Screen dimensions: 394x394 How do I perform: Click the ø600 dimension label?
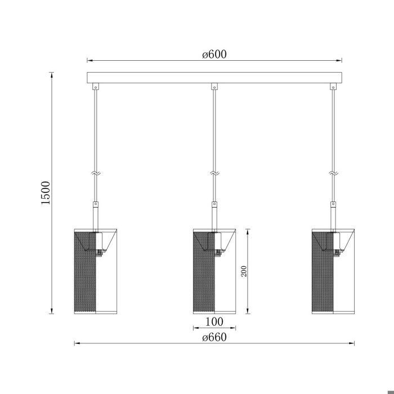[x=214, y=54]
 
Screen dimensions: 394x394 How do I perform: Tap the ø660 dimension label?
[x=214, y=337]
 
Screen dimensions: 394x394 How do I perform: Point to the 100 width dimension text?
[x=214, y=322]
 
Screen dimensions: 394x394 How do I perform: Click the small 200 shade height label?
[x=244, y=271]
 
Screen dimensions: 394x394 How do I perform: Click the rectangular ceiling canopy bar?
[x=214, y=78]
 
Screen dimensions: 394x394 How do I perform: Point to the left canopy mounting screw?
[x=96, y=87]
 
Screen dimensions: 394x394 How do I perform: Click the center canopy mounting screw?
[x=214, y=87]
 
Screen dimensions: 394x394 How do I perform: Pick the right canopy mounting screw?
[x=333, y=87]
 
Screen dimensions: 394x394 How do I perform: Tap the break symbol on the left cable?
[x=96, y=174]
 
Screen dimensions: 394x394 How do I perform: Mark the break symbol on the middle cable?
[x=214, y=174]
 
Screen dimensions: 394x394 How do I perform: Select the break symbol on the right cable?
[x=333, y=174]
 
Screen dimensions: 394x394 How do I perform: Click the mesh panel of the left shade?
[x=86, y=276]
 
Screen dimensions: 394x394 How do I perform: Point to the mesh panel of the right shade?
[x=322, y=276]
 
